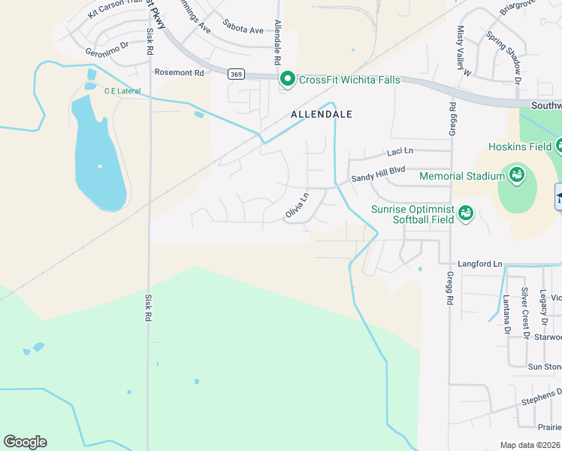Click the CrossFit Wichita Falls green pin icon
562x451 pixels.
[286, 79]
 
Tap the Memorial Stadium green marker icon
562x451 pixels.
[517, 176]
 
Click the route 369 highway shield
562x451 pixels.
[236, 74]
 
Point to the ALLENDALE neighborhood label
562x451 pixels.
[322, 114]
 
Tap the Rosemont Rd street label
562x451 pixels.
[179, 73]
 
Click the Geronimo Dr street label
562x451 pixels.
[107, 53]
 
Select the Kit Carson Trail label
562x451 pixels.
[114, 9]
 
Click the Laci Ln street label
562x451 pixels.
[400, 152]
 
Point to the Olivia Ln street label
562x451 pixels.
[298, 207]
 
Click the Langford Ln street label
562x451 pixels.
[480, 265]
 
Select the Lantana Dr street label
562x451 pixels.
[507, 314]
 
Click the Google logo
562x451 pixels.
[25, 442]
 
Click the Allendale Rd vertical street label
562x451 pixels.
[277, 42]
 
